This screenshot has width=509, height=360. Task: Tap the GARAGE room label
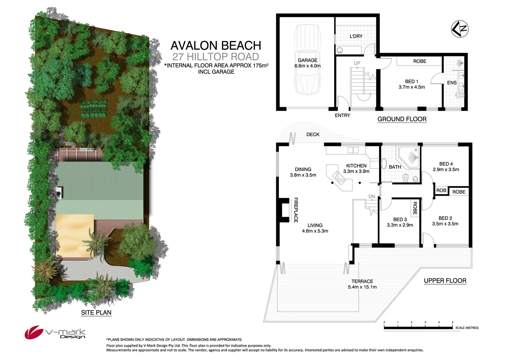coord(307,60)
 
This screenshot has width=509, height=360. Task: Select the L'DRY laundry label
coord(356,36)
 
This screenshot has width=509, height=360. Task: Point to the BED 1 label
coord(412,82)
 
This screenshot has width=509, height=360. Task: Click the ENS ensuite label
coord(452,83)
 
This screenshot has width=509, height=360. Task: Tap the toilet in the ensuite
coord(459,95)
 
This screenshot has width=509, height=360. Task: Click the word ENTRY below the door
coord(342,115)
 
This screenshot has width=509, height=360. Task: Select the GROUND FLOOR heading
coord(402,119)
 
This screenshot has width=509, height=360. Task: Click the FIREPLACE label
coord(296,210)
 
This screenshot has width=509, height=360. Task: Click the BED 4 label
coord(446,164)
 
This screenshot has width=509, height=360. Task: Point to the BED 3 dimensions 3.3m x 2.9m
coord(400,225)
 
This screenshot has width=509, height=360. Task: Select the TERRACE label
coord(362,281)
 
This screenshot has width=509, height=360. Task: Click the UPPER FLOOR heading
coord(445,281)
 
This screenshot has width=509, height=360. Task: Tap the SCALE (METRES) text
coord(467,328)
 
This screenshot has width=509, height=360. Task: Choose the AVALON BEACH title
coord(216,46)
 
